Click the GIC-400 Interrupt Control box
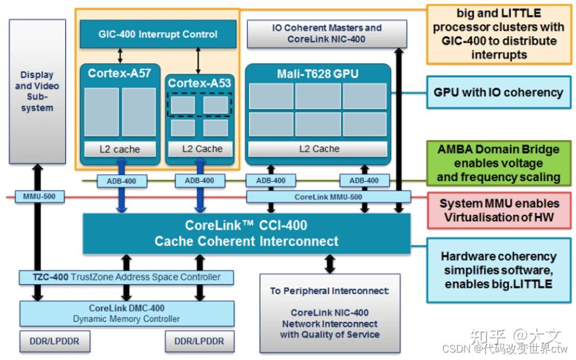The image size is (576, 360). pos(158,34)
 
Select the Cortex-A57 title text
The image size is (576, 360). pos(119,74)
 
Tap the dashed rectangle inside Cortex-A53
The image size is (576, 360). pos(199,105)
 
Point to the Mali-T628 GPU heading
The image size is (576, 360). pos(318,74)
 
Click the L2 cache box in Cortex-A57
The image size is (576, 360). pos(119,149)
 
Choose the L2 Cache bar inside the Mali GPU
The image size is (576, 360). pos(318,149)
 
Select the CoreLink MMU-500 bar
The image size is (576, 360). pos(328,196)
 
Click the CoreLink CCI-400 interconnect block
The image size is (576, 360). pos(246,233)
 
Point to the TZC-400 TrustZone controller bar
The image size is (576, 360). pos(127,277)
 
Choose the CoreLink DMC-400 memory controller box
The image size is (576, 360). pos(127,313)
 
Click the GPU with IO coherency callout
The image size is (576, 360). pos(498,93)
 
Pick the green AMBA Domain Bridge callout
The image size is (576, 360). pos(498,163)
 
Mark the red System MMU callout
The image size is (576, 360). pos(498,210)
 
